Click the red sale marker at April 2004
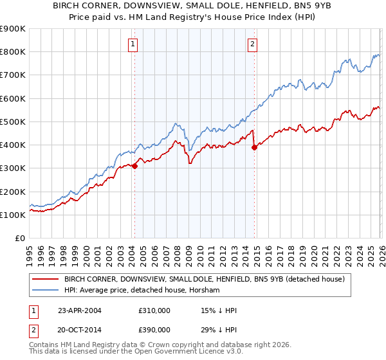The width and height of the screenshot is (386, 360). [x=134, y=166]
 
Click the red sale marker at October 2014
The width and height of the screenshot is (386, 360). [x=254, y=147]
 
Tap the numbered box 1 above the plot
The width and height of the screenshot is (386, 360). [x=133, y=44]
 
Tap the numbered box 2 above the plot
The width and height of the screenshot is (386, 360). [x=252, y=44]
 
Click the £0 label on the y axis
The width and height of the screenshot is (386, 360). [x=20, y=239]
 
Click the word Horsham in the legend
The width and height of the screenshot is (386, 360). [x=205, y=291]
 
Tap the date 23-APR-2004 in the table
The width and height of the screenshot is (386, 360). [x=80, y=310]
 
